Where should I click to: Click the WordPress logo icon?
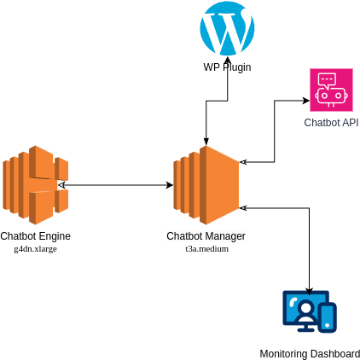(227, 27)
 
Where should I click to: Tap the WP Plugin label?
(227, 67)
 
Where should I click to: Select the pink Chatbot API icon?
(331, 90)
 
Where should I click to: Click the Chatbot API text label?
(331, 123)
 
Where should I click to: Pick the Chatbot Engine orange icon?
(36, 185)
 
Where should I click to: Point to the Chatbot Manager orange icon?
(206, 185)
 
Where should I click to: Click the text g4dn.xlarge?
(36, 249)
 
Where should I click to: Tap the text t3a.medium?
(207, 249)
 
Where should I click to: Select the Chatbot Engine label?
(35, 236)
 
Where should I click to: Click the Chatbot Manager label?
(206, 236)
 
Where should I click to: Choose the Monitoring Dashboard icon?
(310, 311)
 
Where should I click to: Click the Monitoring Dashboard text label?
(310, 354)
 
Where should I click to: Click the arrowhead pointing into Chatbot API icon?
(306, 101)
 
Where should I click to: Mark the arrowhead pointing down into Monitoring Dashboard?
(310, 292)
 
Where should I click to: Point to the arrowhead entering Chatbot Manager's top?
(206, 142)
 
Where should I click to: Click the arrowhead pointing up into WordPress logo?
(228, 60)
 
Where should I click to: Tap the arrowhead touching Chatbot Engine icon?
(61, 185)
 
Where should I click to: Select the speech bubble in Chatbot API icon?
(327, 80)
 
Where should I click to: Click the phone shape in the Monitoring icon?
(328, 318)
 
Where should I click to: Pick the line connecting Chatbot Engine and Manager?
(116, 185)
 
